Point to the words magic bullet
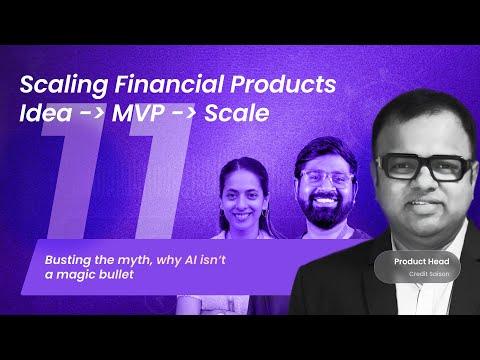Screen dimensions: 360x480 pos(93,273)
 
